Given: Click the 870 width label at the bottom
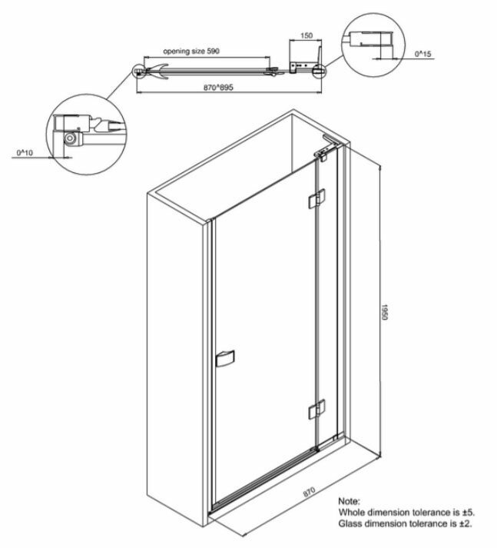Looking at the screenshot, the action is point(309,491).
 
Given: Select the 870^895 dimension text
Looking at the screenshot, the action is point(218,87).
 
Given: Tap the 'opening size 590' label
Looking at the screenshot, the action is point(191,51).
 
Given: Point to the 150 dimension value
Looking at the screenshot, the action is point(306,35).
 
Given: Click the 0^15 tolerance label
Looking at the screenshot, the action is point(422,54).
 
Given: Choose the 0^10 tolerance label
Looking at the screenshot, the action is point(25,153).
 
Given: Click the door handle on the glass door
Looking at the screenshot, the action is point(225,358).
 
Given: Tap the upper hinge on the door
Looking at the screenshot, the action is point(316,198).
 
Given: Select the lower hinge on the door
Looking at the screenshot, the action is point(316,409).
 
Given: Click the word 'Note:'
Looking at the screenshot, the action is point(349,501).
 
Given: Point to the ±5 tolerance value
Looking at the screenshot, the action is point(469,513).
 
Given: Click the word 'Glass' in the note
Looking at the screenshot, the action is point(350,523).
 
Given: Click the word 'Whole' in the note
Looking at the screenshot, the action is point(350,513).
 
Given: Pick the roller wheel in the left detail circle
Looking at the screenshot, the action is point(70,139).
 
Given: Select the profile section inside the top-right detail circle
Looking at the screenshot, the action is point(371,38).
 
